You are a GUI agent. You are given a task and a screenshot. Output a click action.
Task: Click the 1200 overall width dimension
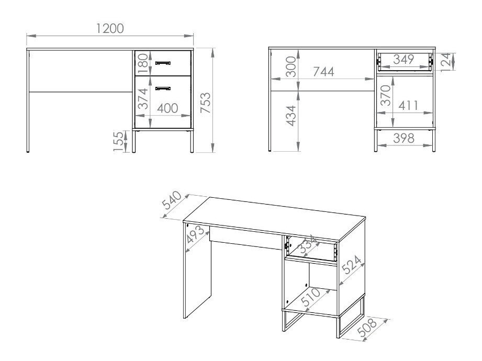point(110,28)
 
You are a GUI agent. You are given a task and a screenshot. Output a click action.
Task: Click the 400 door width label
point(167,108)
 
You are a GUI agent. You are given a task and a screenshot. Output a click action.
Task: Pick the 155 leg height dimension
point(119,141)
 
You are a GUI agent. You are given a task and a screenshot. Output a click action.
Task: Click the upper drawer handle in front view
point(163,63)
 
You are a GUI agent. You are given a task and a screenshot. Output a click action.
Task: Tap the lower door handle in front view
point(163,87)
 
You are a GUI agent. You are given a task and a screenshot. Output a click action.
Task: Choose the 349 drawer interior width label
point(403,59)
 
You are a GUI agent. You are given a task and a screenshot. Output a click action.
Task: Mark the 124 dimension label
point(446,61)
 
